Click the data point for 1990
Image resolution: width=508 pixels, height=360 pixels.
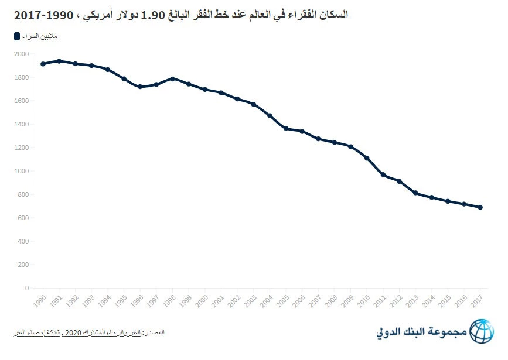pos(43,64)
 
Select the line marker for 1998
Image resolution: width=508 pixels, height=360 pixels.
pos(172,78)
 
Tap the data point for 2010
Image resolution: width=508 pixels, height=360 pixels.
pos(367,158)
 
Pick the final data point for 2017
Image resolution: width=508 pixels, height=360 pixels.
pos(480,207)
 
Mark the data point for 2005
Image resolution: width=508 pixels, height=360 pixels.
pos(286,128)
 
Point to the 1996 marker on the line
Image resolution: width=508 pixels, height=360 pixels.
pos(140,87)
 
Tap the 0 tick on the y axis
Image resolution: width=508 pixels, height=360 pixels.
pos(26,288)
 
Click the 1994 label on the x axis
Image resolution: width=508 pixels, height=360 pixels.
pos(105,300)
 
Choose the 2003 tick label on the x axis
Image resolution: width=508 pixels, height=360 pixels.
pos(251,300)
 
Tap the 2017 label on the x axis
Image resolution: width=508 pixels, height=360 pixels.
pos(478,300)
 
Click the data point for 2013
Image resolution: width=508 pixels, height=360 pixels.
pos(415,193)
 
